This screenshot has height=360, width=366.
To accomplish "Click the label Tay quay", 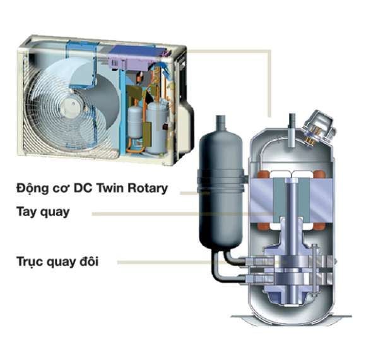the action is click(43, 212).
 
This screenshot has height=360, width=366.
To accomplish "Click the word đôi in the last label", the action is click(89, 261).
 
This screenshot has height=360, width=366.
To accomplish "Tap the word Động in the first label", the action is click(32, 188).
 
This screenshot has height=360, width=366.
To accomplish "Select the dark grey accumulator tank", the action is click(221, 187).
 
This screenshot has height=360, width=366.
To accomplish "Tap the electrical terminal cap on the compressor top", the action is click(318, 128).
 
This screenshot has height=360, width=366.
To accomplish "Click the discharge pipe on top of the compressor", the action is click(292, 129).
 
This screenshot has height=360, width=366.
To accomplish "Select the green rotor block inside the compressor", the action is click(292, 200).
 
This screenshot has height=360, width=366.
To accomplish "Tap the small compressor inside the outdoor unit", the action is click(157, 128).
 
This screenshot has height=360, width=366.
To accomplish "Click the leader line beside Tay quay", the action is click(183, 213).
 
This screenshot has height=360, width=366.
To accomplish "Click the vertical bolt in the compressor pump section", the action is click(314, 268).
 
